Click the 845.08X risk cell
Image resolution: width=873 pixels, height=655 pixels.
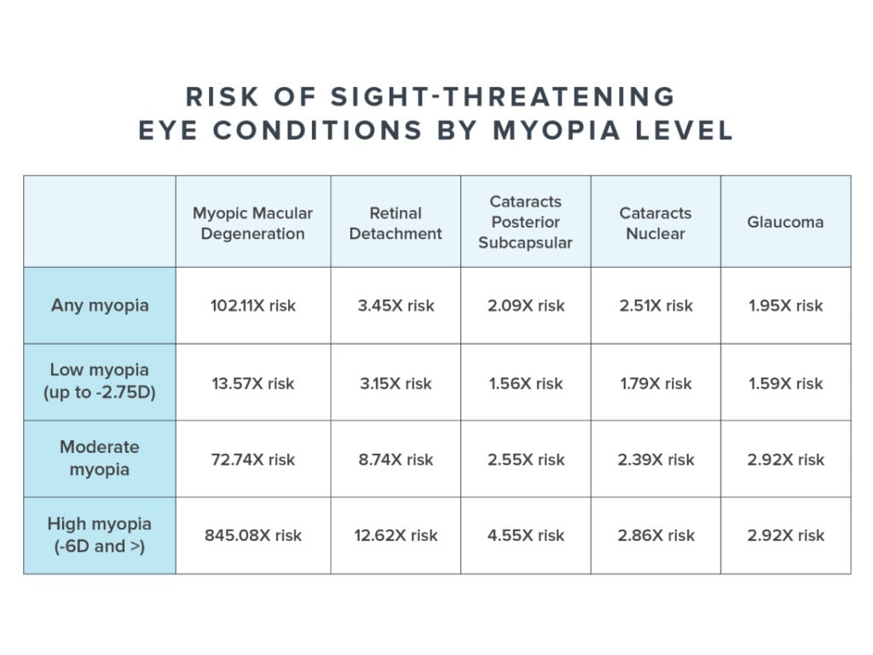253,536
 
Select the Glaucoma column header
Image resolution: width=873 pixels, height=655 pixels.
785,222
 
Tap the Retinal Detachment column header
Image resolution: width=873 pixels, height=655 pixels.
396,222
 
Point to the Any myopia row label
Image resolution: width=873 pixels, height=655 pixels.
99,305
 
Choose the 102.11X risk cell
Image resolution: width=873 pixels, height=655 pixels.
253,305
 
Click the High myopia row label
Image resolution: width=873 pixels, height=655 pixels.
99,536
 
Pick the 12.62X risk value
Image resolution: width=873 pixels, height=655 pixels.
396,536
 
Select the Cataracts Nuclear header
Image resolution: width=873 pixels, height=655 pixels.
656,222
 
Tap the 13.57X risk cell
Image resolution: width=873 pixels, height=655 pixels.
253,383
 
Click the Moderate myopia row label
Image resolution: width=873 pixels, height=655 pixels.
99,459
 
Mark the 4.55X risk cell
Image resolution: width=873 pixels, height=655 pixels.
526,536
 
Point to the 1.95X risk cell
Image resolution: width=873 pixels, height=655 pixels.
785,305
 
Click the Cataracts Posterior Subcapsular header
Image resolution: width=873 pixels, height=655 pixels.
526,222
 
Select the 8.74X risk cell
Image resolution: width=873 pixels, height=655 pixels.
396,459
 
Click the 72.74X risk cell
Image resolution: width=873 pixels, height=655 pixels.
253,459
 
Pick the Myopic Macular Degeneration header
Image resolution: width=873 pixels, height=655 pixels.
253,222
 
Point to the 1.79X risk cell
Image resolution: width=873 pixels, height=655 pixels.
656,383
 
